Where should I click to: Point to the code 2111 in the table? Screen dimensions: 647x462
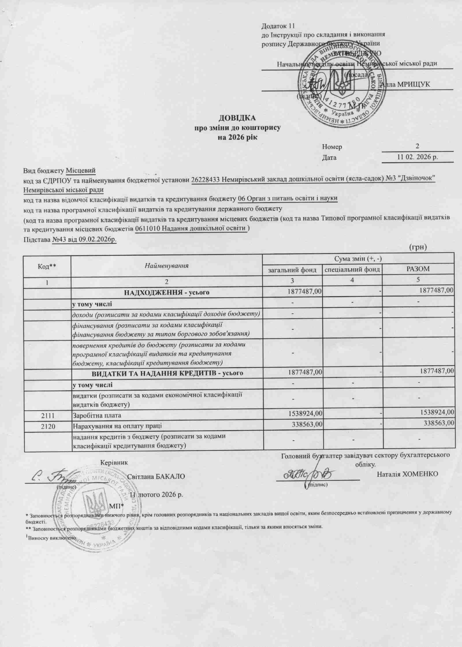(x=47, y=415)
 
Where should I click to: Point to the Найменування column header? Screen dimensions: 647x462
(x=167, y=266)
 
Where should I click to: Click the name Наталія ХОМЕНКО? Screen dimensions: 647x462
(x=407, y=474)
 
